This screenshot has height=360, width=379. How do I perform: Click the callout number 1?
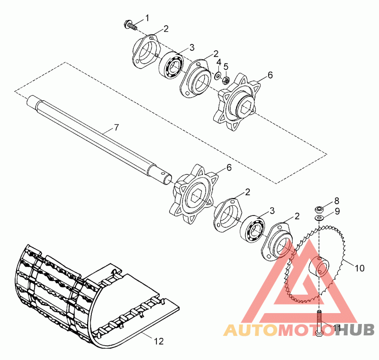pos(147,18)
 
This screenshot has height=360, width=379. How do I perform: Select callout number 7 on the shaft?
pos(117,128)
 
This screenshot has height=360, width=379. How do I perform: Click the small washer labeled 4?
pos(217,76)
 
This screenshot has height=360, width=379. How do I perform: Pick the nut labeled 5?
pos(226,80)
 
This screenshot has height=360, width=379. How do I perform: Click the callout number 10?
pos(360,268)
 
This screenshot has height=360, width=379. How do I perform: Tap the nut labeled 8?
pos(318,208)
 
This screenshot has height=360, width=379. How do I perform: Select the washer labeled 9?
pos(319,217)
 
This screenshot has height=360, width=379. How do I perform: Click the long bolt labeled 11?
pos(319,323)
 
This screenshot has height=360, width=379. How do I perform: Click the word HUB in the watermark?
pos(355,330)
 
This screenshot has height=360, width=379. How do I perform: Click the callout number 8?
pos(336,201)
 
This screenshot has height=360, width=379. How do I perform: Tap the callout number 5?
pos(226,66)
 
